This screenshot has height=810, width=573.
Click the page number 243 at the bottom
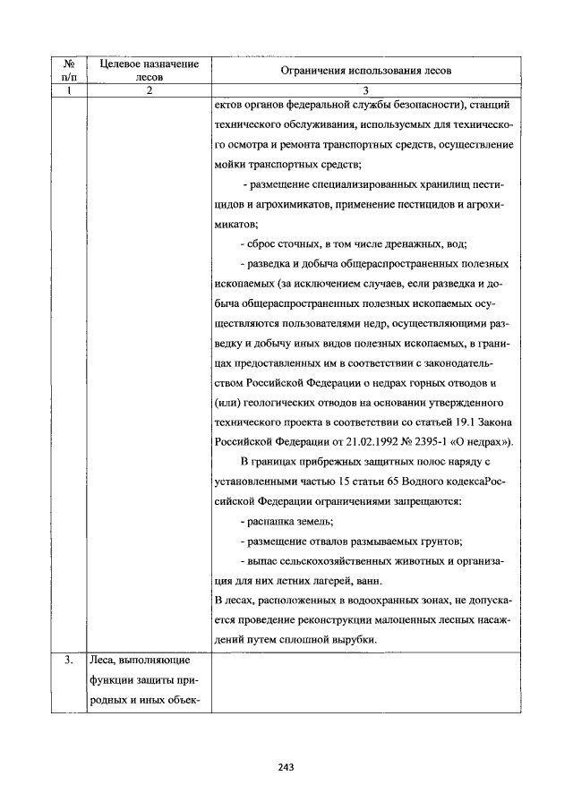286,766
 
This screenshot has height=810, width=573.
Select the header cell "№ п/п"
67,69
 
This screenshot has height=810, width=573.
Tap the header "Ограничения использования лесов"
366,69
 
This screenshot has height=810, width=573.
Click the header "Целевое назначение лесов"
149,69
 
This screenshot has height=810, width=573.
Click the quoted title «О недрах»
484,441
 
